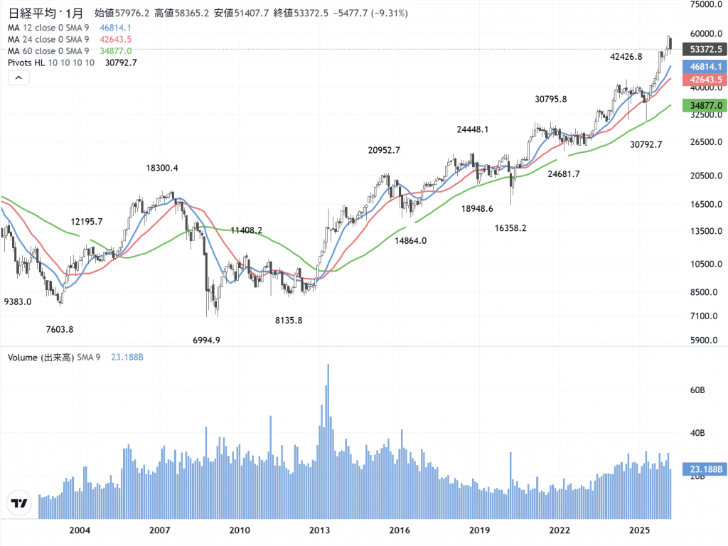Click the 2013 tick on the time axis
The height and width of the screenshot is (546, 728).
(319, 530)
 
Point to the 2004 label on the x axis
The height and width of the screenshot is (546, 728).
(80, 530)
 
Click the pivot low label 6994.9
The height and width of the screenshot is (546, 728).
(206, 340)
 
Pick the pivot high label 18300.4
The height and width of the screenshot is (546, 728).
(162, 168)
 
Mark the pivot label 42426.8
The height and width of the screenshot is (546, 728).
(626, 56)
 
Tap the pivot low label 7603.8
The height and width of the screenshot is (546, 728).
(60, 328)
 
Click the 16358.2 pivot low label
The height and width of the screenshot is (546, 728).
(510, 227)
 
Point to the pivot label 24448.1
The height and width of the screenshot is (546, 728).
(473, 129)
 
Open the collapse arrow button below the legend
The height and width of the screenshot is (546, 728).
(19, 78)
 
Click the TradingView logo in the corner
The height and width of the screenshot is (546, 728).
(19, 503)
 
